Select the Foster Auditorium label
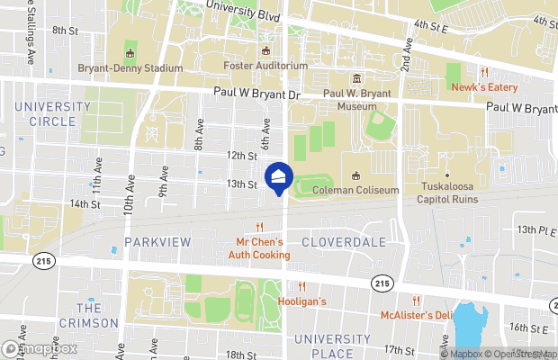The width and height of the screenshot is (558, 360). tap(265, 66)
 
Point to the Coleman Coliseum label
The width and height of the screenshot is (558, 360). tap(355, 189)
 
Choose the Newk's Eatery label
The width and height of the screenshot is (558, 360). tap(484, 87)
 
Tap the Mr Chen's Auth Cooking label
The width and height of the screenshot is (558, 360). tap(259, 247)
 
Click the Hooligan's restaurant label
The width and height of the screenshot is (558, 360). tap(301, 301)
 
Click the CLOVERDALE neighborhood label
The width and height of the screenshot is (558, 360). tap(343, 242)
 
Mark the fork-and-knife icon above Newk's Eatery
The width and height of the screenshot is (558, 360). tap(484, 72)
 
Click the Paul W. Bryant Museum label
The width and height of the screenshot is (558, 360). tap(355, 99)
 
